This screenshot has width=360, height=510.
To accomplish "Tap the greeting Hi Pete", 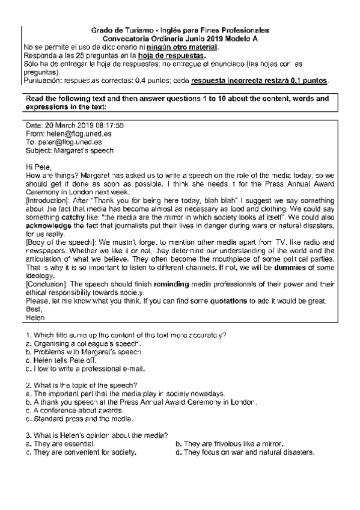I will (40, 167).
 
